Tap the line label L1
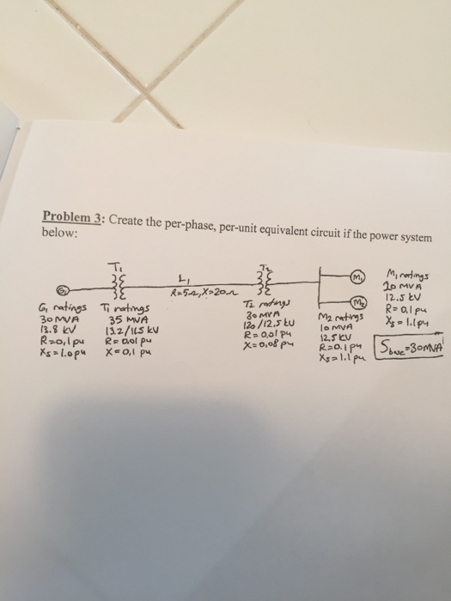click(x=182, y=278)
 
